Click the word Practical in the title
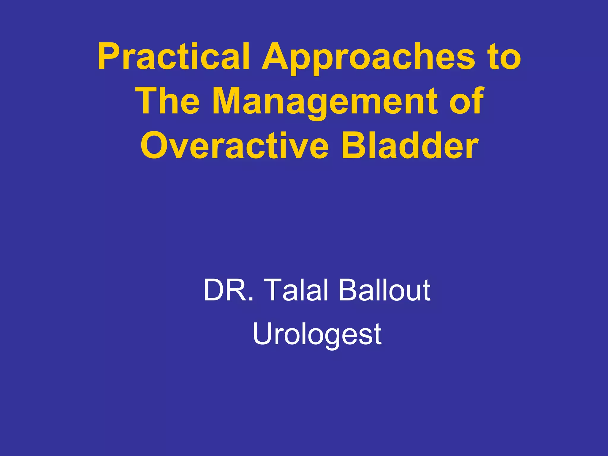pyautogui.click(x=173, y=56)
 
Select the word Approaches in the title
pyautogui.click(x=368, y=58)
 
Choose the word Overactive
pyautogui.click(x=235, y=146)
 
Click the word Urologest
pyautogui.click(x=317, y=335)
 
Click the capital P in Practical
pyautogui.click(x=108, y=56)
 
